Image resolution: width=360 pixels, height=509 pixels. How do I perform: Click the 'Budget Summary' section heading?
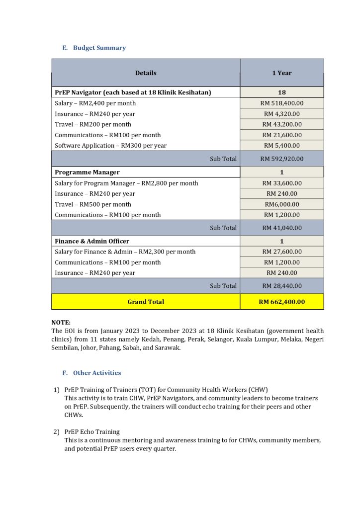(99, 48)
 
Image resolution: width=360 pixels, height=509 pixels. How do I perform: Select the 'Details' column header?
(146, 73)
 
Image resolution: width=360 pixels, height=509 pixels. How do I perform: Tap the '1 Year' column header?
(281, 73)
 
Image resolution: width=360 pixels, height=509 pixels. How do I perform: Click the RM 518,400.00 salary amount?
(281, 103)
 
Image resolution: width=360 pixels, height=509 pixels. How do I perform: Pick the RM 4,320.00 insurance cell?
(281, 114)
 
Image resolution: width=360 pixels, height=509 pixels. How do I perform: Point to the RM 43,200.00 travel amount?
(281, 124)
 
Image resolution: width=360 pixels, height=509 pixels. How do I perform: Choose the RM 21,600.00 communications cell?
(281, 135)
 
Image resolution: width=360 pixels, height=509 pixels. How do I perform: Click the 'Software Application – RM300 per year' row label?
(110, 146)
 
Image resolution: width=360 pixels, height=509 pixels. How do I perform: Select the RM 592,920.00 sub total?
(281, 159)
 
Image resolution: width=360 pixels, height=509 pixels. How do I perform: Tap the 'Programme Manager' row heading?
(87, 172)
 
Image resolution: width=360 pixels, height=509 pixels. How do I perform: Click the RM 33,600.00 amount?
(281, 183)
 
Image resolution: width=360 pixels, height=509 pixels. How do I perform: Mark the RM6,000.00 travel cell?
(281, 204)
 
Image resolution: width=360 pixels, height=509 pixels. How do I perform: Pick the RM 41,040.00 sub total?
(281, 228)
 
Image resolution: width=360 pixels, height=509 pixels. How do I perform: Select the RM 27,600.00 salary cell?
(281, 252)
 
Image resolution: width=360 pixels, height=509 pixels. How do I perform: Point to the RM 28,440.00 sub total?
(281, 286)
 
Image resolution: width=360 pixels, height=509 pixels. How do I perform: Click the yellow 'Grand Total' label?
(146, 302)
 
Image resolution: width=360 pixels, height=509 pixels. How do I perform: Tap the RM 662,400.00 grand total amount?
(281, 302)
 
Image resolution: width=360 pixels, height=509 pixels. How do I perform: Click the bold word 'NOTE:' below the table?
(61, 322)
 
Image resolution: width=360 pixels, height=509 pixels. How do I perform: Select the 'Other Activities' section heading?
(96, 373)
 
